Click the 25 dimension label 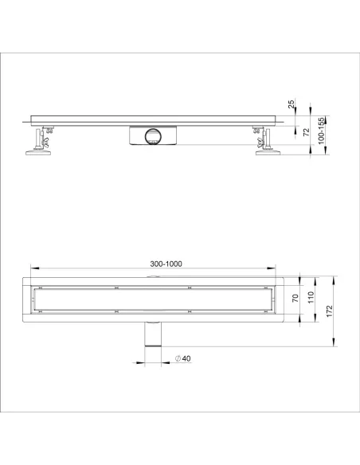click(x=292, y=104)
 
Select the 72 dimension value click(x=307, y=132)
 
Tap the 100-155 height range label click(x=321, y=131)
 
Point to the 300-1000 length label click(x=166, y=264)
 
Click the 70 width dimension click(x=295, y=299)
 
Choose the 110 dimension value click(x=311, y=298)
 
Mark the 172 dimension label click(x=330, y=311)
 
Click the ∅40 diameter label click(x=182, y=358)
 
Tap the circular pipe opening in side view click(x=153, y=137)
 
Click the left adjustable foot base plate click(x=38, y=153)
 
